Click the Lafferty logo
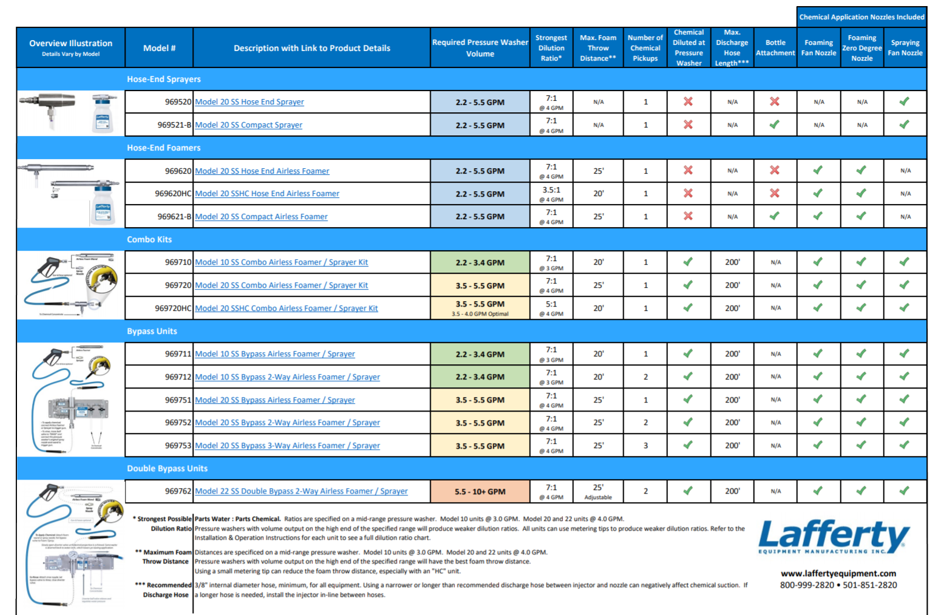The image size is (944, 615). point(834,536)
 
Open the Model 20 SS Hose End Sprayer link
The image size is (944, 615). point(249,102)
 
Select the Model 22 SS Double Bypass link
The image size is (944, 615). point(301,491)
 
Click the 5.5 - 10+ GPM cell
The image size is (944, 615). point(480,492)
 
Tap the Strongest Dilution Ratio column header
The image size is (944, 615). point(551,48)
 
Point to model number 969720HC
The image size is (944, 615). point(173,308)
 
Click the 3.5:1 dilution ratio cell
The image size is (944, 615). point(551,190)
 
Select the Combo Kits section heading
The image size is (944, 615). point(149,239)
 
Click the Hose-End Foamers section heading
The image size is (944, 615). point(163,148)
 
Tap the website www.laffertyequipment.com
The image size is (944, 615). point(838,573)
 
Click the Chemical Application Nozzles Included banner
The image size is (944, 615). point(861,17)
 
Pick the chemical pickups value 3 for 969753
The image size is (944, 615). point(646,446)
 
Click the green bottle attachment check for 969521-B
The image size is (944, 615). point(775,124)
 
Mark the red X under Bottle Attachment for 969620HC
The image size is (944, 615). point(775,193)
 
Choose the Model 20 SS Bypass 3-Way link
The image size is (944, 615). point(287,446)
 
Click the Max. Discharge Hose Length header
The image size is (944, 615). point(732,48)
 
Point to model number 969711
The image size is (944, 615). point(178,354)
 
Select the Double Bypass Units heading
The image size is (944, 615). point(167,468)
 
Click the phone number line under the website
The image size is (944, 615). point(838,585)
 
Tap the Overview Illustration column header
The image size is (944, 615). point(70,48)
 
